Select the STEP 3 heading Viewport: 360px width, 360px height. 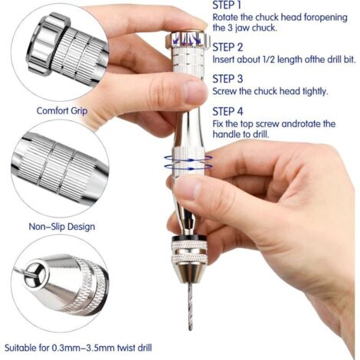(x=227, y=78)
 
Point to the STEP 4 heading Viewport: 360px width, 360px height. (x=227, y=110)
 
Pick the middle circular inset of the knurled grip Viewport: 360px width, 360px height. (x=60, y=169)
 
